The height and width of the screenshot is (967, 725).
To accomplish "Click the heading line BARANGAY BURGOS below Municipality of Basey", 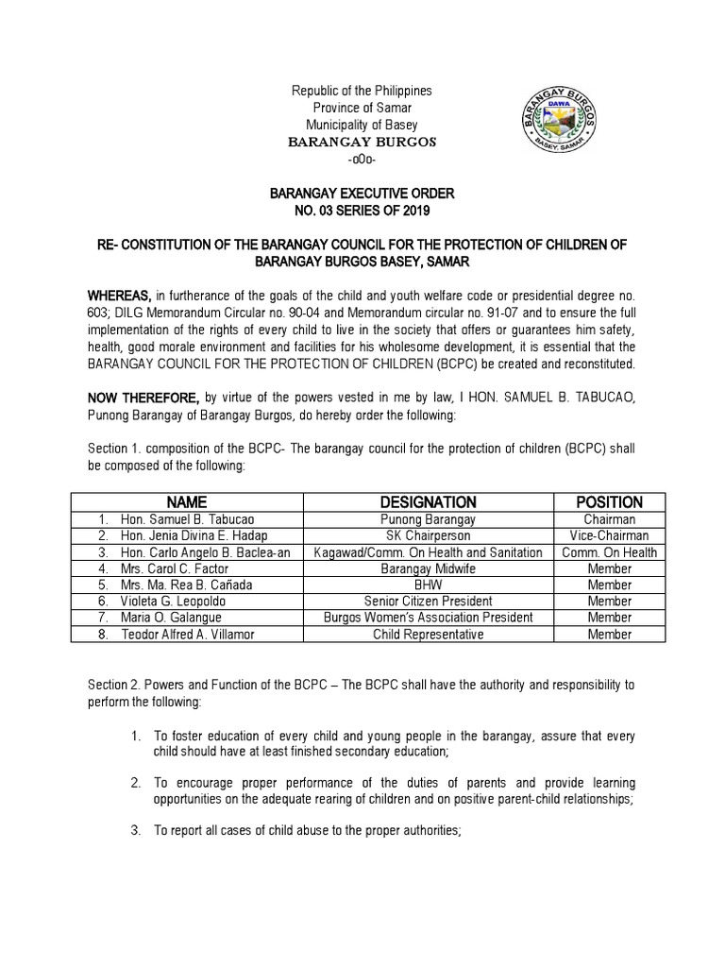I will (x=362, y=142).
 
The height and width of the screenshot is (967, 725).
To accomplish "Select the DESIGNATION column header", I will (x=428, y=502).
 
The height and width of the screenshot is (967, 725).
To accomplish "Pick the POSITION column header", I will (x=609, y=502).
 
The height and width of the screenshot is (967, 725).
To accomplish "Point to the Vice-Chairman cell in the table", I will (x=609, y=535).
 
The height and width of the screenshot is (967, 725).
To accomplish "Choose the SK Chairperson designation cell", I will (x=428, y=535).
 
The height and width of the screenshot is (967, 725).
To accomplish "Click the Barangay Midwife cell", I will (x=428, y=568).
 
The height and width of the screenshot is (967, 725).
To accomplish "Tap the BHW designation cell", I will (x=428, y=585).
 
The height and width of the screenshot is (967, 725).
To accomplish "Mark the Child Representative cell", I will (x=428, y=635).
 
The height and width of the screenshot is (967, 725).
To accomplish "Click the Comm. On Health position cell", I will (x=609, y=552).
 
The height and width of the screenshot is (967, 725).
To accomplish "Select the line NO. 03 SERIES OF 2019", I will (x=362, y=210).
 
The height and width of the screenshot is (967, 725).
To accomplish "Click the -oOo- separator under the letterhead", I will (x=362, y=159).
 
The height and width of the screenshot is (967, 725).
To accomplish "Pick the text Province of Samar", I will (x=362, y=108).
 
